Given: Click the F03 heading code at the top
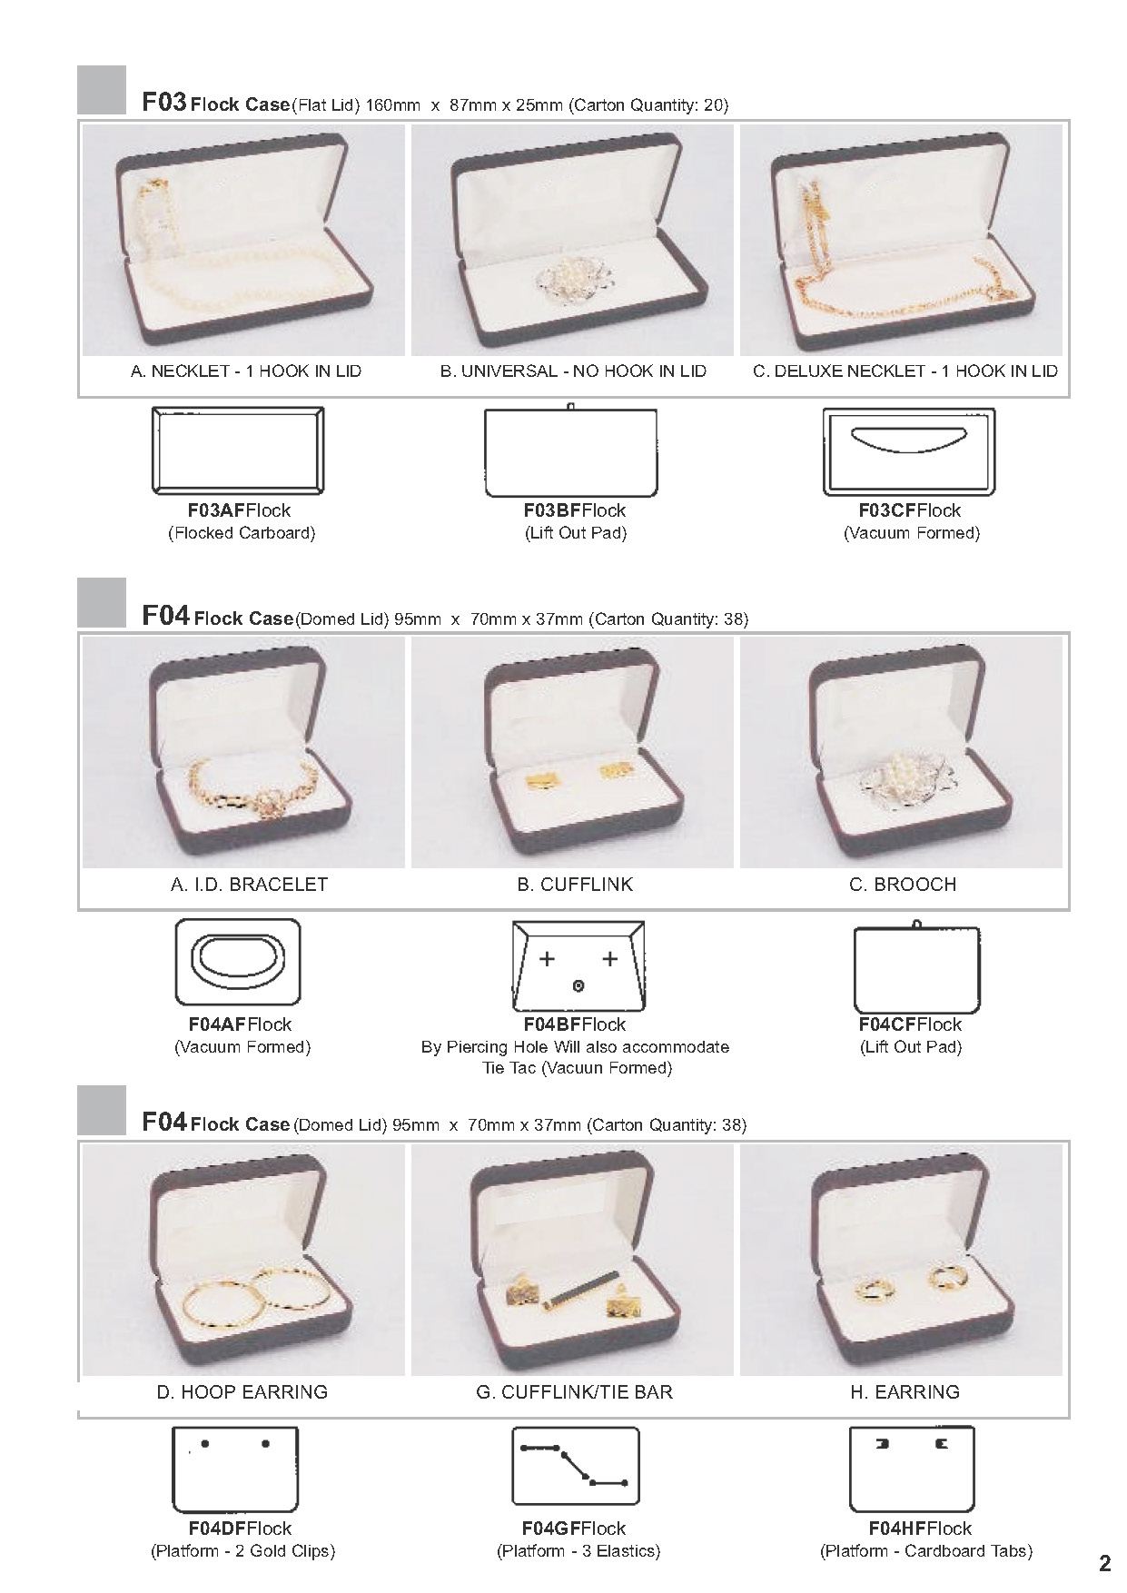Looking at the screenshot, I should pos(164,102).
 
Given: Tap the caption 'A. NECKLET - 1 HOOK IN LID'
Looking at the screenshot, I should pos(246,371).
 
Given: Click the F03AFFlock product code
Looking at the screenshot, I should pos(240,510).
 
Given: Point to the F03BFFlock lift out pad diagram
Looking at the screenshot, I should pos(570,452).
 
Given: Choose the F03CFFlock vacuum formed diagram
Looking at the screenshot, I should pos(909,452).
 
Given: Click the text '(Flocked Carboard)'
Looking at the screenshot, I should pos(242,533).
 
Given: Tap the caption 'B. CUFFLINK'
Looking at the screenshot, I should pos(575,885).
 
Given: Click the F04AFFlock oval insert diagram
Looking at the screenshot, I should pos(238,962).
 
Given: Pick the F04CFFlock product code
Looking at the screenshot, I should pos(910,1024).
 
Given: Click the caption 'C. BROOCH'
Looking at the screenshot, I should pos(903,885).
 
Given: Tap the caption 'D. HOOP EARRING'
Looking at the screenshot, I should pos(242,1391).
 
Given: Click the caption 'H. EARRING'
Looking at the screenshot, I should pos(905,1391).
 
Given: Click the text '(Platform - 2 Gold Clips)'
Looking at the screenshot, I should pos(242,1551).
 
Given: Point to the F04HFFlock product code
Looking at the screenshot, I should pos(920,1529).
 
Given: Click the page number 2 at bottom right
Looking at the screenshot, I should pos(1104,1563).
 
